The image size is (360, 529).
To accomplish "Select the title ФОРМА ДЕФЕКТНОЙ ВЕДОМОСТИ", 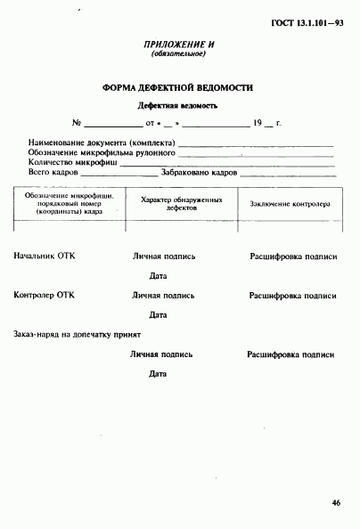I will point(178,88).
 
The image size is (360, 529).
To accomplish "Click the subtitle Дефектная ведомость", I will point(178,105).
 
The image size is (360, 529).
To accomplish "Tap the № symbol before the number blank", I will point(77,123).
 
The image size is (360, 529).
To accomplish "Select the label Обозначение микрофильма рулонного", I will point(101,152).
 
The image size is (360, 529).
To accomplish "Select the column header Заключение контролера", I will point(289,204).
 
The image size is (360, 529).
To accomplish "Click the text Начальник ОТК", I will point(45,256).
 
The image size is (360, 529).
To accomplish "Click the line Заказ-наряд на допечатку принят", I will point(78,334).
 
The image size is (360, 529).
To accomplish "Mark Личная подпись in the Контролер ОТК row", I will point(164,295).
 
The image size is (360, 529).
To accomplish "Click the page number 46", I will point(336,503).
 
